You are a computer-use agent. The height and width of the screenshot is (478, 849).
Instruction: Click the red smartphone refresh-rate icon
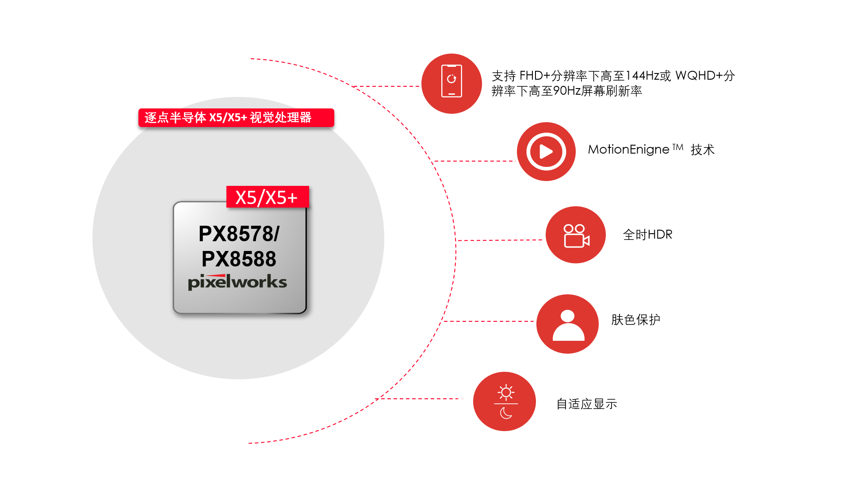[451, 84]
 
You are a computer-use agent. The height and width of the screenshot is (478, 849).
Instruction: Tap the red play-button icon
[546, 152]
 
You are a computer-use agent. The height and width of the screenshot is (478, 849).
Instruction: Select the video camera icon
[576, 235]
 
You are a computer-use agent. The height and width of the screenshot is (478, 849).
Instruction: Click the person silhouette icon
[568, 324]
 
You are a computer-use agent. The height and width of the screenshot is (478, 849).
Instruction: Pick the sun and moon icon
[505, 401]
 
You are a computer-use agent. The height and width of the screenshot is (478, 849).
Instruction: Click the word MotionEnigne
[628, 150]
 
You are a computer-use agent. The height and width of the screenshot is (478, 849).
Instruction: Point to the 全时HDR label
[647, 235]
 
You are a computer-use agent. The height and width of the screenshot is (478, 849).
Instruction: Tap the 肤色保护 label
[635, 320]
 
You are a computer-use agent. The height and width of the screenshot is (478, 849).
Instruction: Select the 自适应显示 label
[586, 404]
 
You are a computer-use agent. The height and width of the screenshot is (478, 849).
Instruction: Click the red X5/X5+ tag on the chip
[267, 197]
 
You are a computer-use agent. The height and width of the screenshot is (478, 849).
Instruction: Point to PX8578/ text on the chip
[239, 234]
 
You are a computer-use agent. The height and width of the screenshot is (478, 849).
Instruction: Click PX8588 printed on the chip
[239, 259]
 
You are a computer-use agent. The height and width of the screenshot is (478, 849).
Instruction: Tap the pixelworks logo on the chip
[237, 282]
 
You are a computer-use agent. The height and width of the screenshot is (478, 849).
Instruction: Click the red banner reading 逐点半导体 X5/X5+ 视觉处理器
[236, 118]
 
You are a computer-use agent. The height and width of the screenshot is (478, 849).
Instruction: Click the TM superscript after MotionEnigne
[678, 147]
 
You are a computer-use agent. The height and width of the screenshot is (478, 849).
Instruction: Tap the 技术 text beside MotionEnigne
[702, 150]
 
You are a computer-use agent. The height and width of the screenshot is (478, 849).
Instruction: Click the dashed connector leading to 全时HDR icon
[500, 240]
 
